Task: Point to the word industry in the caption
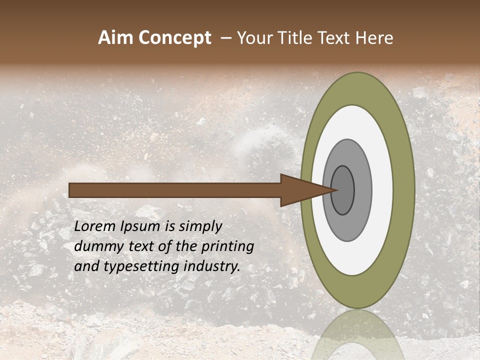pyautogui.click(x=212, y=266)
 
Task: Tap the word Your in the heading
pyautogui.click(x=252, y=38)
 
